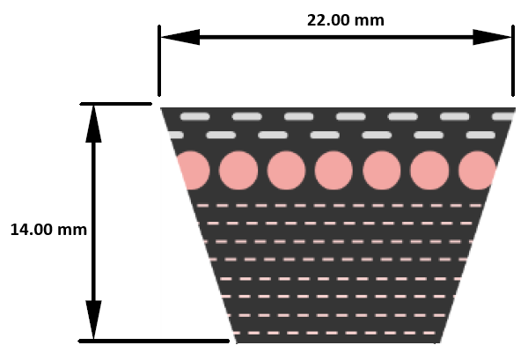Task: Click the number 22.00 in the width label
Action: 328,20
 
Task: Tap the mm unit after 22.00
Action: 370,21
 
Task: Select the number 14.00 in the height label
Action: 32,230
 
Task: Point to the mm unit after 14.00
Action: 72,231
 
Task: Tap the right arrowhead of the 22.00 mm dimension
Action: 492,37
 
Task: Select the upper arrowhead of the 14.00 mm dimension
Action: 93,124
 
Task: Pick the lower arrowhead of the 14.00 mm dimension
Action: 93,320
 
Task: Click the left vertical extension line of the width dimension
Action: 159,61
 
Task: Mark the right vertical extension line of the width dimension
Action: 513,61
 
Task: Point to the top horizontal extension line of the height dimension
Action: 116,104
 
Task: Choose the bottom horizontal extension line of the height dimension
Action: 154,342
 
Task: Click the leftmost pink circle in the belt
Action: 194,171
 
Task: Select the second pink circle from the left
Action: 238,171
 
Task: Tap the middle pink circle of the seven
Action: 334,171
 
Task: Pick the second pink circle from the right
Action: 429,171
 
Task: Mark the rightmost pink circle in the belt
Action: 477,171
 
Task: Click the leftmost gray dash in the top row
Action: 195,116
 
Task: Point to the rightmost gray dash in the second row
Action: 480,135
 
